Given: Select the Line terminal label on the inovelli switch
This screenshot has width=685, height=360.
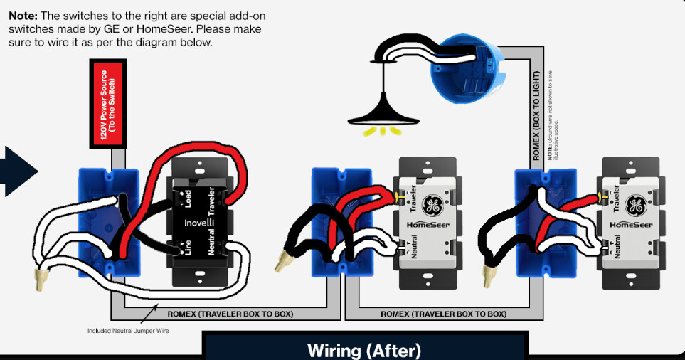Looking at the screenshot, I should tap(188, 247).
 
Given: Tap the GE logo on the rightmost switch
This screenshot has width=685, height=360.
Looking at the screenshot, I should tap(635, 206).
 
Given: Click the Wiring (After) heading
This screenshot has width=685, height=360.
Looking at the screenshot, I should tap(364, 350).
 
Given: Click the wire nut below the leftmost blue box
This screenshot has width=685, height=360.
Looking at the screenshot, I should tap(41, 280).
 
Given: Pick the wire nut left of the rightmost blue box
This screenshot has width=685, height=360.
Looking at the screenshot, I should tap(489, 274).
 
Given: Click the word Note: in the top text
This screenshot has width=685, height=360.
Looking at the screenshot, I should tap(23, 16).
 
